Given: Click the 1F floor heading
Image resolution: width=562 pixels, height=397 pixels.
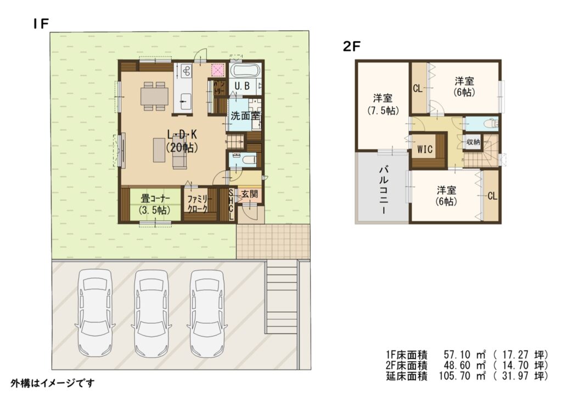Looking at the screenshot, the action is (x=41, y=24).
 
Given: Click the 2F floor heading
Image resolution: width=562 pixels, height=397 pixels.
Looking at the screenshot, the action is (x=351, y=46).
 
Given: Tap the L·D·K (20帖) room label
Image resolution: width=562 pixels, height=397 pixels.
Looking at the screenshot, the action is (x=182, y=140).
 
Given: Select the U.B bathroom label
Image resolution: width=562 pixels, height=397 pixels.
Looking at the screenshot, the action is (x=242, y=86).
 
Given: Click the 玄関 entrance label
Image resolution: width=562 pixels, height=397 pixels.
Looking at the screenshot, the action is (x=249, y=194).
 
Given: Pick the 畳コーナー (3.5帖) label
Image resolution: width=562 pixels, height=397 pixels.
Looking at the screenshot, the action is (x=155, y=204).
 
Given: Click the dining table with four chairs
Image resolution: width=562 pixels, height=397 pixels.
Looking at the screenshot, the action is (x=154, y=96).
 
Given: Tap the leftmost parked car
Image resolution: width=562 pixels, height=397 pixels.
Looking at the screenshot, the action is (x=95, y=313).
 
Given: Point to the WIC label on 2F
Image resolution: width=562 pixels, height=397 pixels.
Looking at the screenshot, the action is (x=425, y=149).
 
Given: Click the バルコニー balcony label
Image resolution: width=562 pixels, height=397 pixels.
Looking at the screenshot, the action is (x=383, y=190).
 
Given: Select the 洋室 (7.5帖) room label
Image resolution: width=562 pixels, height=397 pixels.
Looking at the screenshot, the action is (x=383, y=104).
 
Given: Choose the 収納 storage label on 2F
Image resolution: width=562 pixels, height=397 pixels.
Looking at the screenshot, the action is (x=473, y=142).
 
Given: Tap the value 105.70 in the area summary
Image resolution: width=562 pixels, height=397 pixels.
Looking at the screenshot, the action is (x=454, y=376).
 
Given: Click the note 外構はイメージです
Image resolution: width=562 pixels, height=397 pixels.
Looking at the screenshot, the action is (x=52, y=383).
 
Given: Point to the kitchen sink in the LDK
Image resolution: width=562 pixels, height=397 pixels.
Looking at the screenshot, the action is (x=186, y=102).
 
